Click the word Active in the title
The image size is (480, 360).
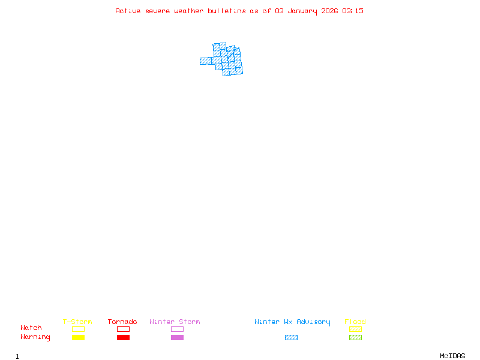pyautogui.click(x=128, y=11)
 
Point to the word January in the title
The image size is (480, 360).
pyautogui.click(x=301, y=11)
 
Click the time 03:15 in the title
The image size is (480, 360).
pyautogui.click(x=353, y=11)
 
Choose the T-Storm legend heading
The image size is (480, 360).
pyautogui.click(x=77, y=322)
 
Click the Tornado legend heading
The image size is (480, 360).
pyautogui.click(x=122, y=322)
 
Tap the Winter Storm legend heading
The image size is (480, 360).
pyautogui.click(x=175, y=322)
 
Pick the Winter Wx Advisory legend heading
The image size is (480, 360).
pyautogui.click(x=292, y=322)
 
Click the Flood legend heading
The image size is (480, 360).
pyautogui.click(x=355, y=322)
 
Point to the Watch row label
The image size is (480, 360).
pyautogui.click(x=31, y=328)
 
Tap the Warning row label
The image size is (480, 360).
pyautogui.click(x=35, y=337)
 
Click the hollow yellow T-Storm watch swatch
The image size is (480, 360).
pyautogui.click(x=78, y=329)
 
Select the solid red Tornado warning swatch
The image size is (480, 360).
pyautogui.click(x=123, y=337)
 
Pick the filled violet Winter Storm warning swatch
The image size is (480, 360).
pyautogui.click(x=177, y=337)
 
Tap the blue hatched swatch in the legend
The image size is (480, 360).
pyautogui.click(x=291, y=337)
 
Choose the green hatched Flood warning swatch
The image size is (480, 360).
pyautogui.click(x=355, y=337)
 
